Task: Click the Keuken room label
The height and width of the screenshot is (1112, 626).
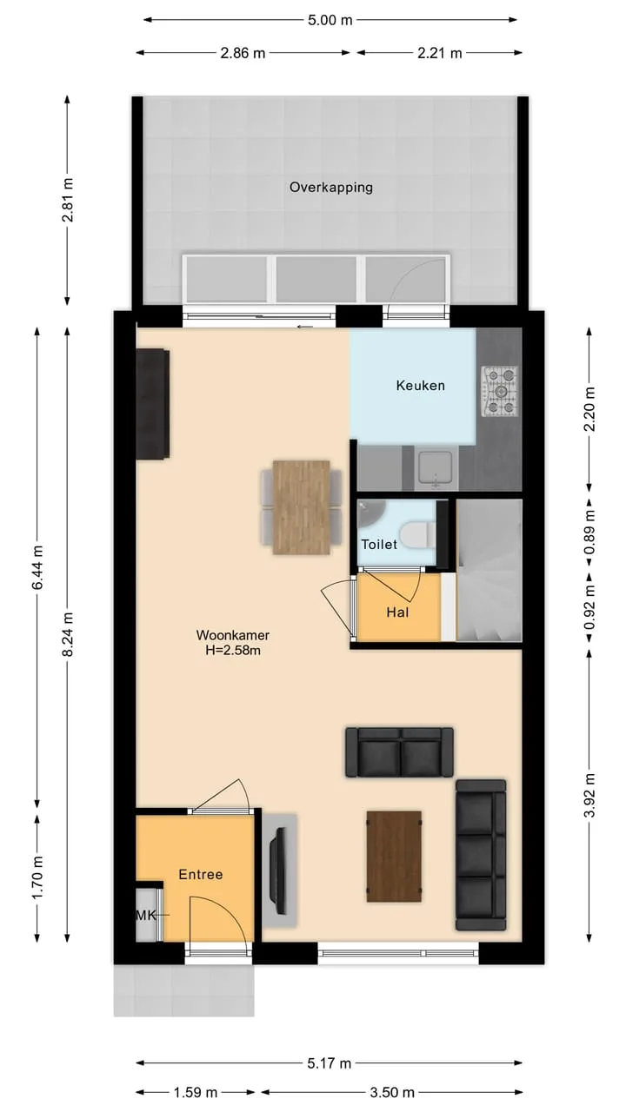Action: pyautogui.click(x=420, y=385)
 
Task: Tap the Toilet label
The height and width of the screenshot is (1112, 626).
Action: pyautogui.click(x=379, y=545)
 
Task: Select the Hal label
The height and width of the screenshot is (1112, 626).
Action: pyautogui.click(x=397, y=612)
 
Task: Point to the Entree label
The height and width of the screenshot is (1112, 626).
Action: pyautogui.click(x=201, y=874)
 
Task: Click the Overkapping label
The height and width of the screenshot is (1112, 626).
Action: pyautogui.click(x=331, y=188)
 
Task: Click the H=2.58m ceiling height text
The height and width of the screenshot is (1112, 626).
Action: pyautogui.click(x=233, y=650)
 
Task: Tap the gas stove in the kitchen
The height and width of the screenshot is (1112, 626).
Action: pyautogui.click(x=500, y=391)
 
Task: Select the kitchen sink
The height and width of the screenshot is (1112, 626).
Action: pyautogui.click(x=436, y=467)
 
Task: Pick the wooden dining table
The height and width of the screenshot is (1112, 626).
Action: pyautogui.click(x=302, y=507)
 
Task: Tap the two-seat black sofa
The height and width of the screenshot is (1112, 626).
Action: pyautogui.click(x=399, y=752)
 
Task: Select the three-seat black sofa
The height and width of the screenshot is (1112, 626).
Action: pyautogui.click(x=481, y=854)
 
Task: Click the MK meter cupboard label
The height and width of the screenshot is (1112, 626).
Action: pyautogui.click(x=146, y=915)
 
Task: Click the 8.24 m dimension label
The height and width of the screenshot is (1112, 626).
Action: pyautogui.click(x=68, y=634)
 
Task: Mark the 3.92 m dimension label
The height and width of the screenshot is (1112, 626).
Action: pyautogui.click(x=589, y=795)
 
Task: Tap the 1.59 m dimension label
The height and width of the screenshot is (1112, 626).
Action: pyautogui.click(x=196, y=1092)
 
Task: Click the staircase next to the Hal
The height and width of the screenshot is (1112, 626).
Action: pyautogui.click(x=489, y=571)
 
